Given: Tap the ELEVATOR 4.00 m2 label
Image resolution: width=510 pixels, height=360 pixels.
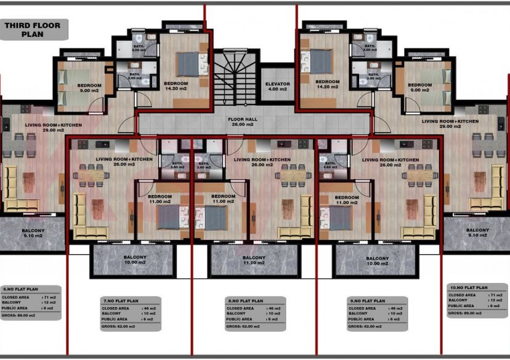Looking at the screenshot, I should (277, 86).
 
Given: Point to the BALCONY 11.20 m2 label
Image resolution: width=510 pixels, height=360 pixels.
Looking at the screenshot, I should (254, 260).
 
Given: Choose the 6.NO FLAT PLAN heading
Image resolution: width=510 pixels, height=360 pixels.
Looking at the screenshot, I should (22, 289).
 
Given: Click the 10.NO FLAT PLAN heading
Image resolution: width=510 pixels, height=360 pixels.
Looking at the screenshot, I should (468, 287).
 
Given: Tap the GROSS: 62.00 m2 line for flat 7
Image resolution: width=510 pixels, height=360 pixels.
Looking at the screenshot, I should (121, 327).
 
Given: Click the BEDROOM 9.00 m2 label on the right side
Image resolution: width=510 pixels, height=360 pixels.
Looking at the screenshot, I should (419, 88).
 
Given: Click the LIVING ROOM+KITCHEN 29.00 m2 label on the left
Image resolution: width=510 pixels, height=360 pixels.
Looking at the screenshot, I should (53, 127).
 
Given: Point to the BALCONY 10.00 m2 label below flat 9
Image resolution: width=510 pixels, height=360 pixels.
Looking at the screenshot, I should (378, 260).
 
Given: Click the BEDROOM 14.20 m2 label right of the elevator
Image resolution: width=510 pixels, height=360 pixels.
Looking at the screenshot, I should (328, 84).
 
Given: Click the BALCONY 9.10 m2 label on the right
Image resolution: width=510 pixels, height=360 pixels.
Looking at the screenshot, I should (477, 233).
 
